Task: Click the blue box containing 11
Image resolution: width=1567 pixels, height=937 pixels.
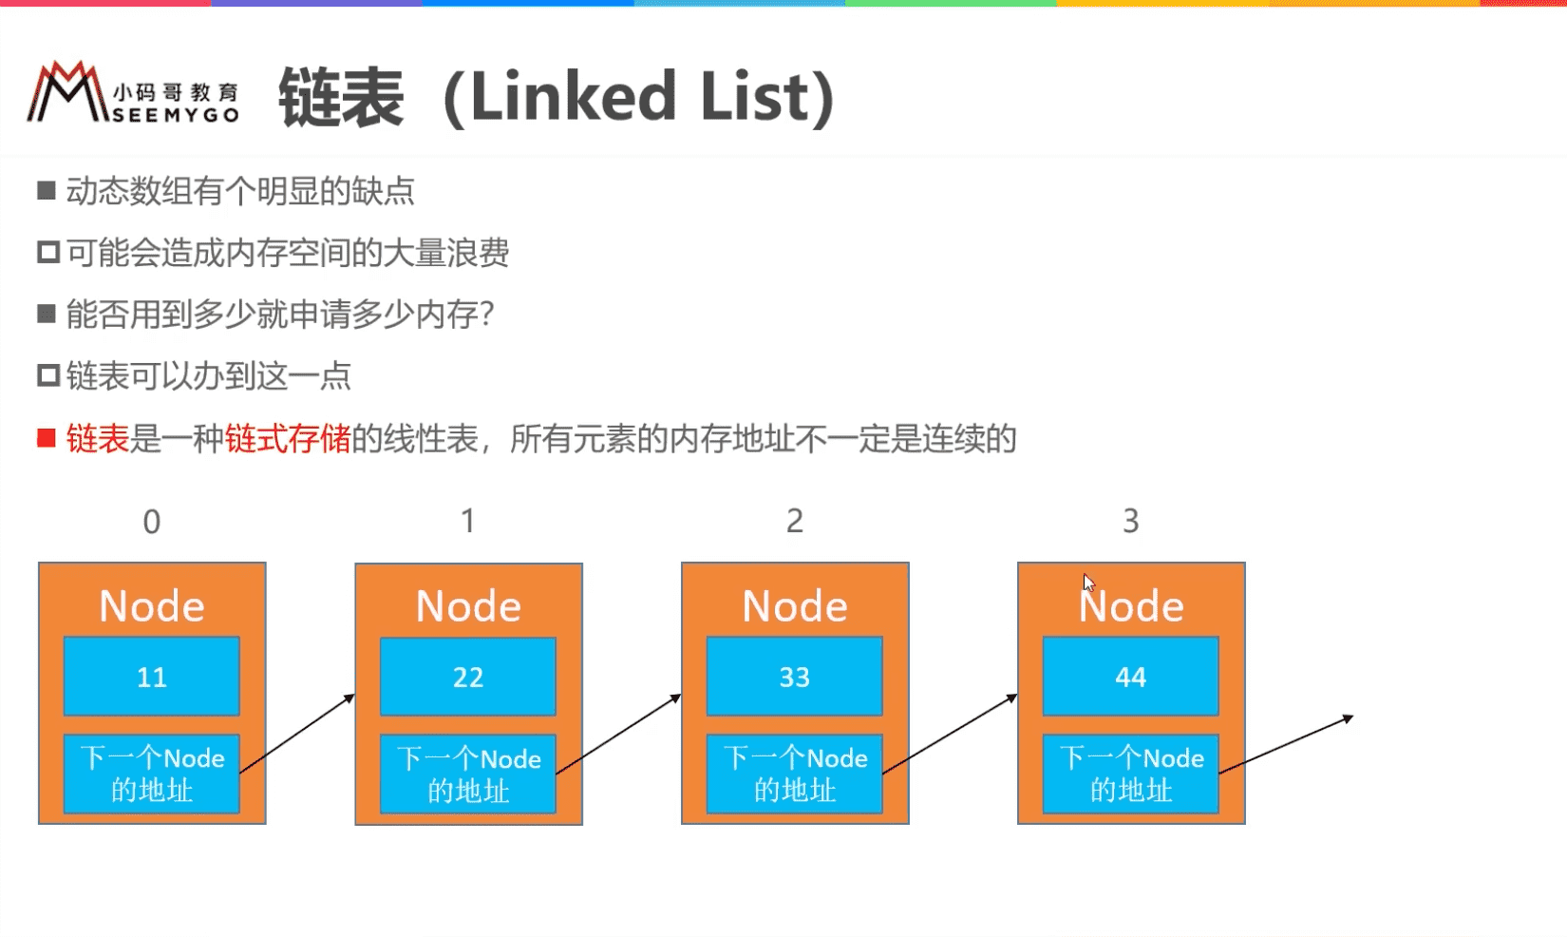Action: (x=152, y=676)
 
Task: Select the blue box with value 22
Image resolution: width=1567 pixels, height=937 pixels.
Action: (x=468, y=676)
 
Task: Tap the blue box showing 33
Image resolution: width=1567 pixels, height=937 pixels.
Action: (x=795, y=676)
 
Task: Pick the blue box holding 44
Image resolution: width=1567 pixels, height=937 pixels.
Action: (x=1130, y=676)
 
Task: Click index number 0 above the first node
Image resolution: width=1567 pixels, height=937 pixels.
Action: (x=152, y=522)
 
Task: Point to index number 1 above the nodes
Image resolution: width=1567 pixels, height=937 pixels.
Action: (x=468, y=522)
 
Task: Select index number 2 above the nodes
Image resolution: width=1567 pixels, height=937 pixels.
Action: (x=795, y=522)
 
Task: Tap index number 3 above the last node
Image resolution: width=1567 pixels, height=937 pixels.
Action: (x=1130, y=522)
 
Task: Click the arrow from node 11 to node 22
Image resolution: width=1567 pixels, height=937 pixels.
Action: (x=297, y=734)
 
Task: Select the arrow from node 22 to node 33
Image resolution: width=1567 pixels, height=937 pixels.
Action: (x=618, y=734)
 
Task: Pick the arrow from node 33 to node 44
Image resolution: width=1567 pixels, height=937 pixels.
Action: (x=950, y=734)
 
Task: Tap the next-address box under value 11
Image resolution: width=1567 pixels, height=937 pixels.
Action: (x=152, y=774)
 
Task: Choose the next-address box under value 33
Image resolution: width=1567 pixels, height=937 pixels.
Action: (x=795, y=774)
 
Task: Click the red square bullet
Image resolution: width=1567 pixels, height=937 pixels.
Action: (x=47, y=439)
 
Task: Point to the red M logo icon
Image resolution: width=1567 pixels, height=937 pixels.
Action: (x=67, y=91)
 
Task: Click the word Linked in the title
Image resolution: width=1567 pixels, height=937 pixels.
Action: (x=574, y=96)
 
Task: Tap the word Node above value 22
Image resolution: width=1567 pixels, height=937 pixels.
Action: (x=468, y=606)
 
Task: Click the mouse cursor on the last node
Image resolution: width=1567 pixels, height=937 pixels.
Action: (x=1088, y=583)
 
